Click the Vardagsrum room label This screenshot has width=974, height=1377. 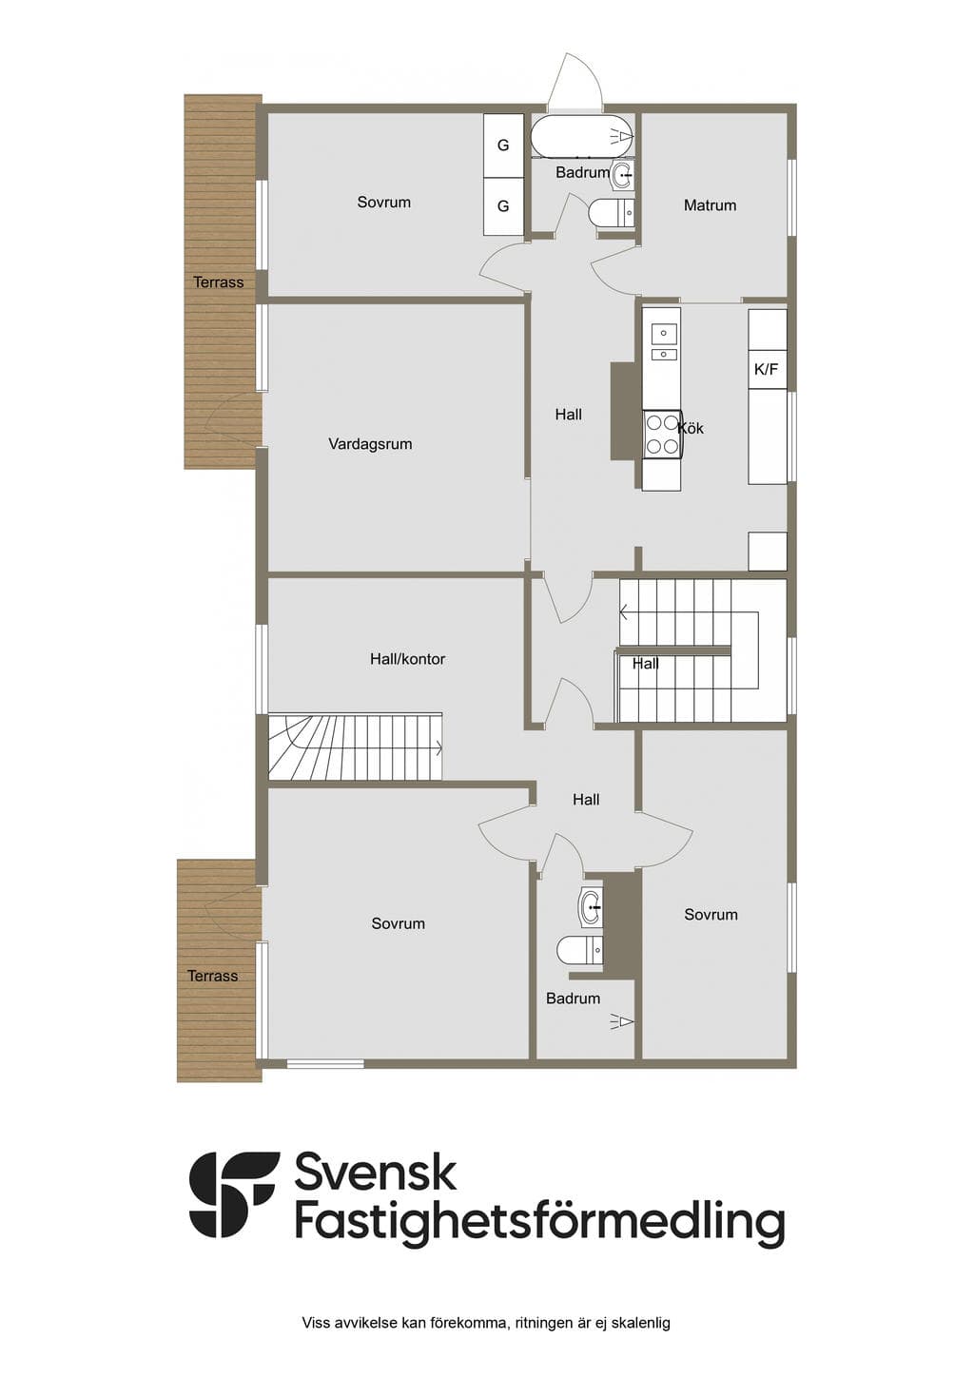[370, 444]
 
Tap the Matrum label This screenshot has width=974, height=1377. [710, 205]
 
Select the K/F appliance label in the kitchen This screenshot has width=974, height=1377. [766, 370]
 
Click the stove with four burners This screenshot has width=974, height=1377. [662, 434]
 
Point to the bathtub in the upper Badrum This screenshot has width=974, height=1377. [582, 136]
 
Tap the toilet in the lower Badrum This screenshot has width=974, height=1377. [580, 950]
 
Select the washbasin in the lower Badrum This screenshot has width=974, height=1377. [591, 906]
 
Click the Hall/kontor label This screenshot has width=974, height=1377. [407, 659]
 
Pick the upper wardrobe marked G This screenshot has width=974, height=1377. [503, 145]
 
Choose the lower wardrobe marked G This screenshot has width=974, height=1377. [503, 206]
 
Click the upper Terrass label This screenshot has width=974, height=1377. [218, 282]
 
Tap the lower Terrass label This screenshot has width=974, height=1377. [213, 976]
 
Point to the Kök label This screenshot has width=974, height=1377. [691, 428]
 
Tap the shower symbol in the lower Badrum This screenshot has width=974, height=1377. [622, 1021]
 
